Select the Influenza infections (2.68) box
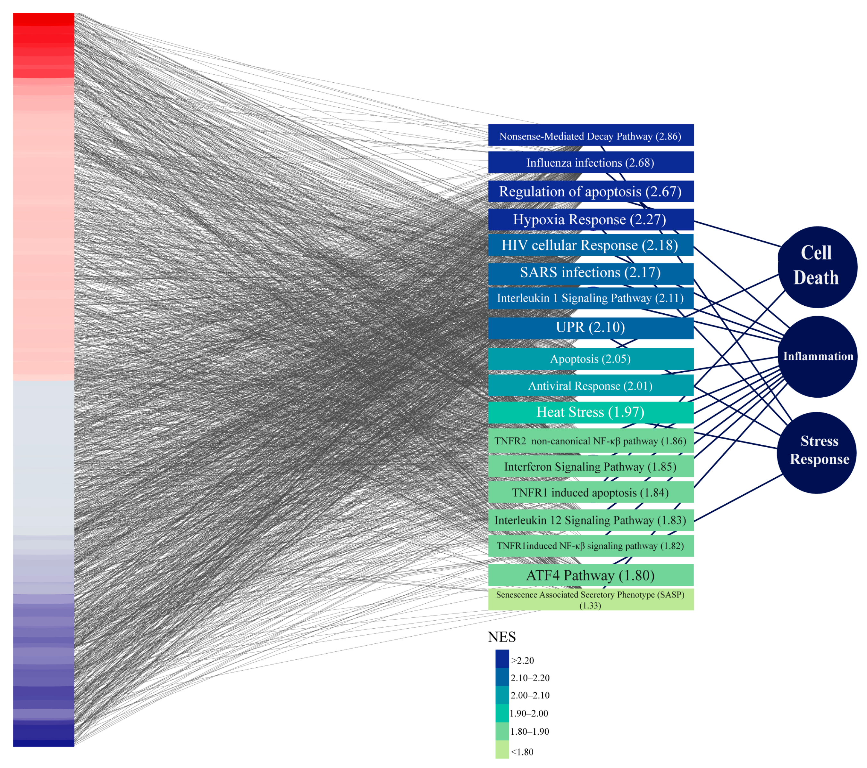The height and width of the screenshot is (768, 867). (x=590, y=162)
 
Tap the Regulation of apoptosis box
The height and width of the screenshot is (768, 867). (x=590, y=192)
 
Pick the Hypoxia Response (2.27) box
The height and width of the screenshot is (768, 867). (x=590, y=219)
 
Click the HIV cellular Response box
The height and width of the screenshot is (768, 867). (x=590, y=245)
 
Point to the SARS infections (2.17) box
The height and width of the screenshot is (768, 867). (x=590, y=273)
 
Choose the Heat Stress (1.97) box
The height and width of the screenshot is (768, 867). (x=590, y=412)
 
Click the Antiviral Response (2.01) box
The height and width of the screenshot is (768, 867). (x=590, y=386)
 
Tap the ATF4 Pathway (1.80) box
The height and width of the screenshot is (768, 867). (x=590, y=575)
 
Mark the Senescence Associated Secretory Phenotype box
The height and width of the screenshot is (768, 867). (x=590, y=599)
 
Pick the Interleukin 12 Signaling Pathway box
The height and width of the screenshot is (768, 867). (x=590, y=520)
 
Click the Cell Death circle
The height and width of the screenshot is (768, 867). (x=817, y=267)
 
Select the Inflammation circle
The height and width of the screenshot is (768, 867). (x=818, y=357)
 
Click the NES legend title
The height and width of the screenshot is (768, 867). (x=502, y=637)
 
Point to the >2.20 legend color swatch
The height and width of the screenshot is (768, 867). (x=502, y=659)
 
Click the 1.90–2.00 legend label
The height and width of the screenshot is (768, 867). (x=529, y=713)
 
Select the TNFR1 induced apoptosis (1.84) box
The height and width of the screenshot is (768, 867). (x=590, y=492)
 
